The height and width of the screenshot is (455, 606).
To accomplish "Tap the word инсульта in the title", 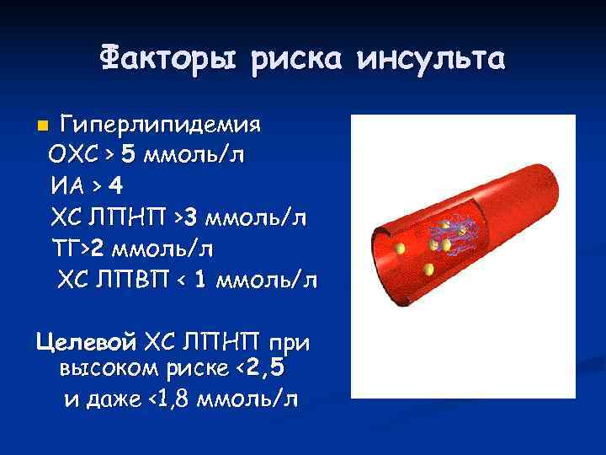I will [x=431, y=58].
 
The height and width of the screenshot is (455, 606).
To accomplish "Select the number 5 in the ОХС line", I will [x=126, y=155].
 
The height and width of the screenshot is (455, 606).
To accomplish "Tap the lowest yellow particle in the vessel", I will [x=430, y=270].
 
